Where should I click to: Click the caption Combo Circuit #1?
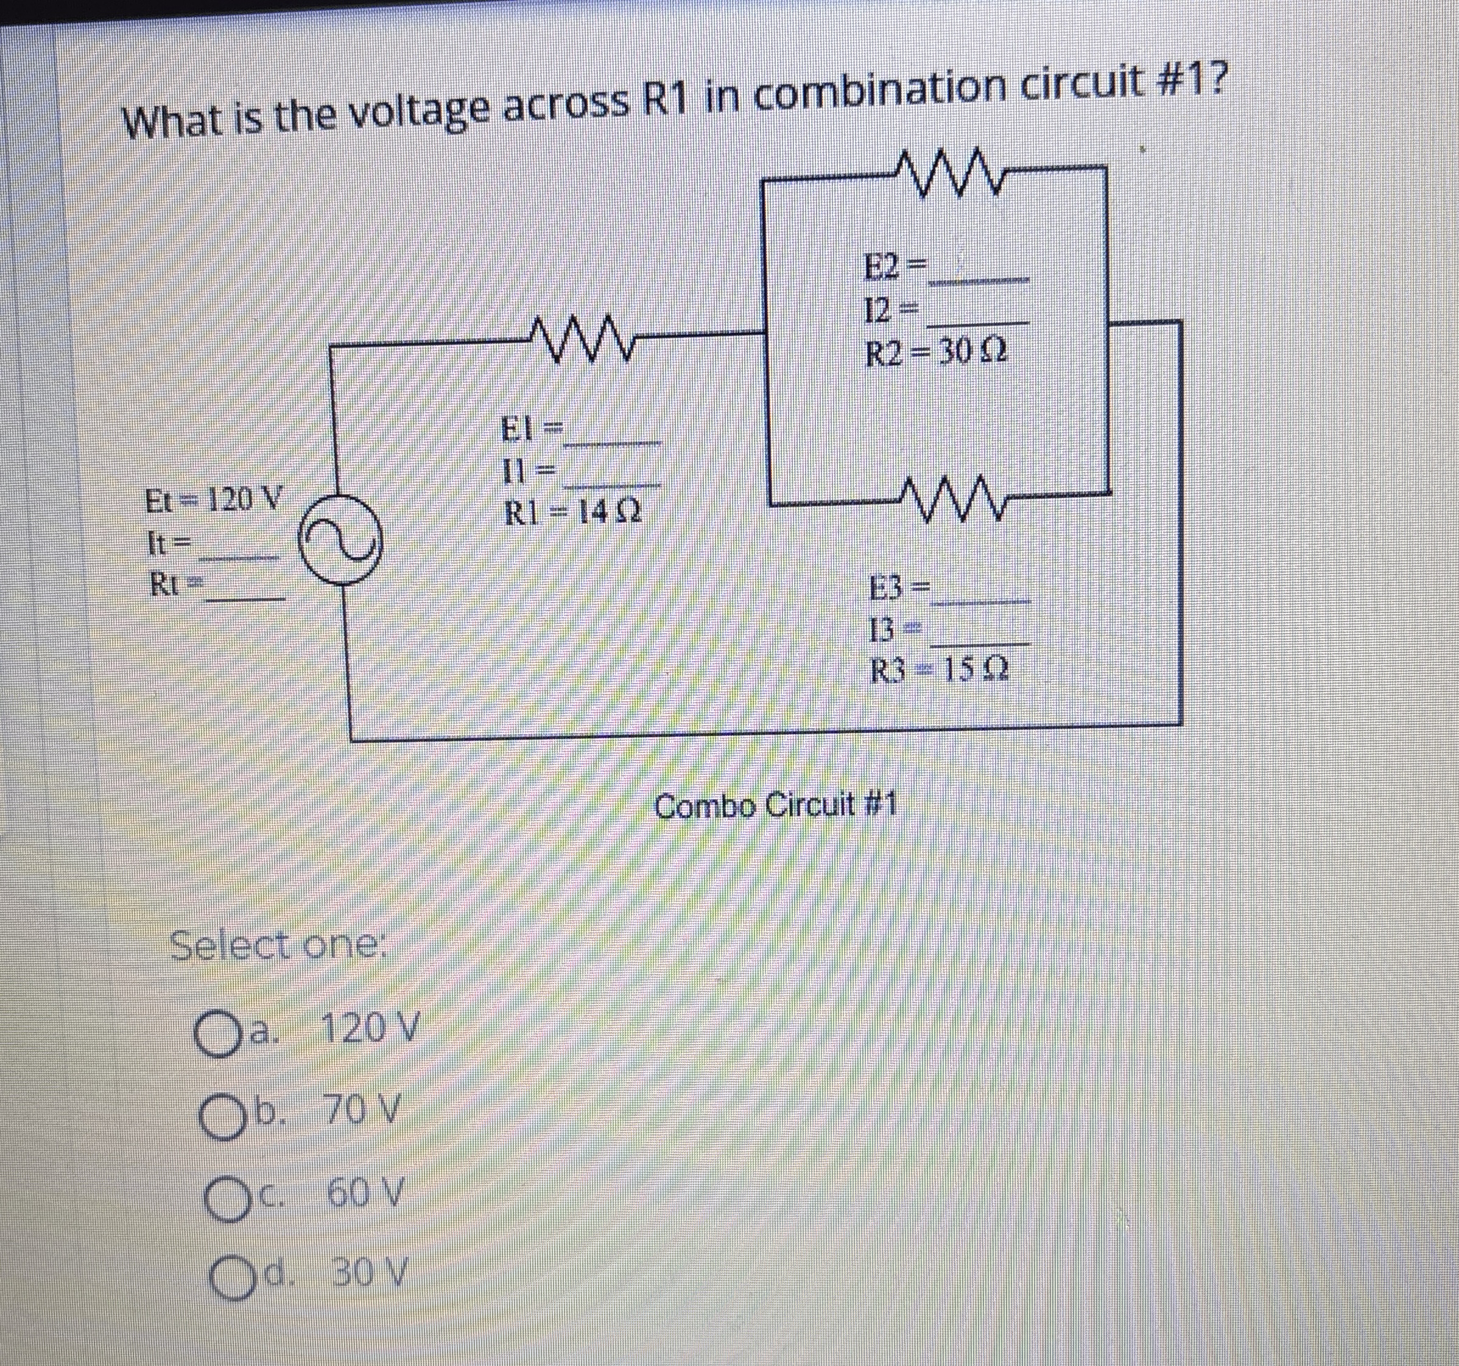[775, 807]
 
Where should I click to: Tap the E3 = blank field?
[980, 593]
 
